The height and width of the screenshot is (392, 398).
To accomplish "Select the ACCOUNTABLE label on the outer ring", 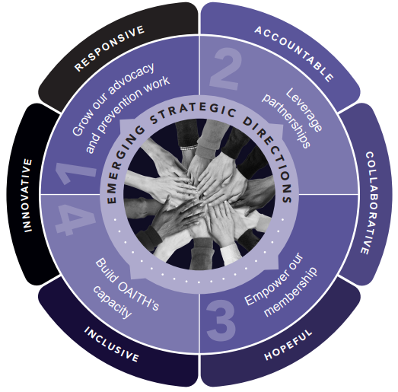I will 294,53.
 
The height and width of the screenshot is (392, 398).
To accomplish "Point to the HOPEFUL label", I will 289,346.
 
